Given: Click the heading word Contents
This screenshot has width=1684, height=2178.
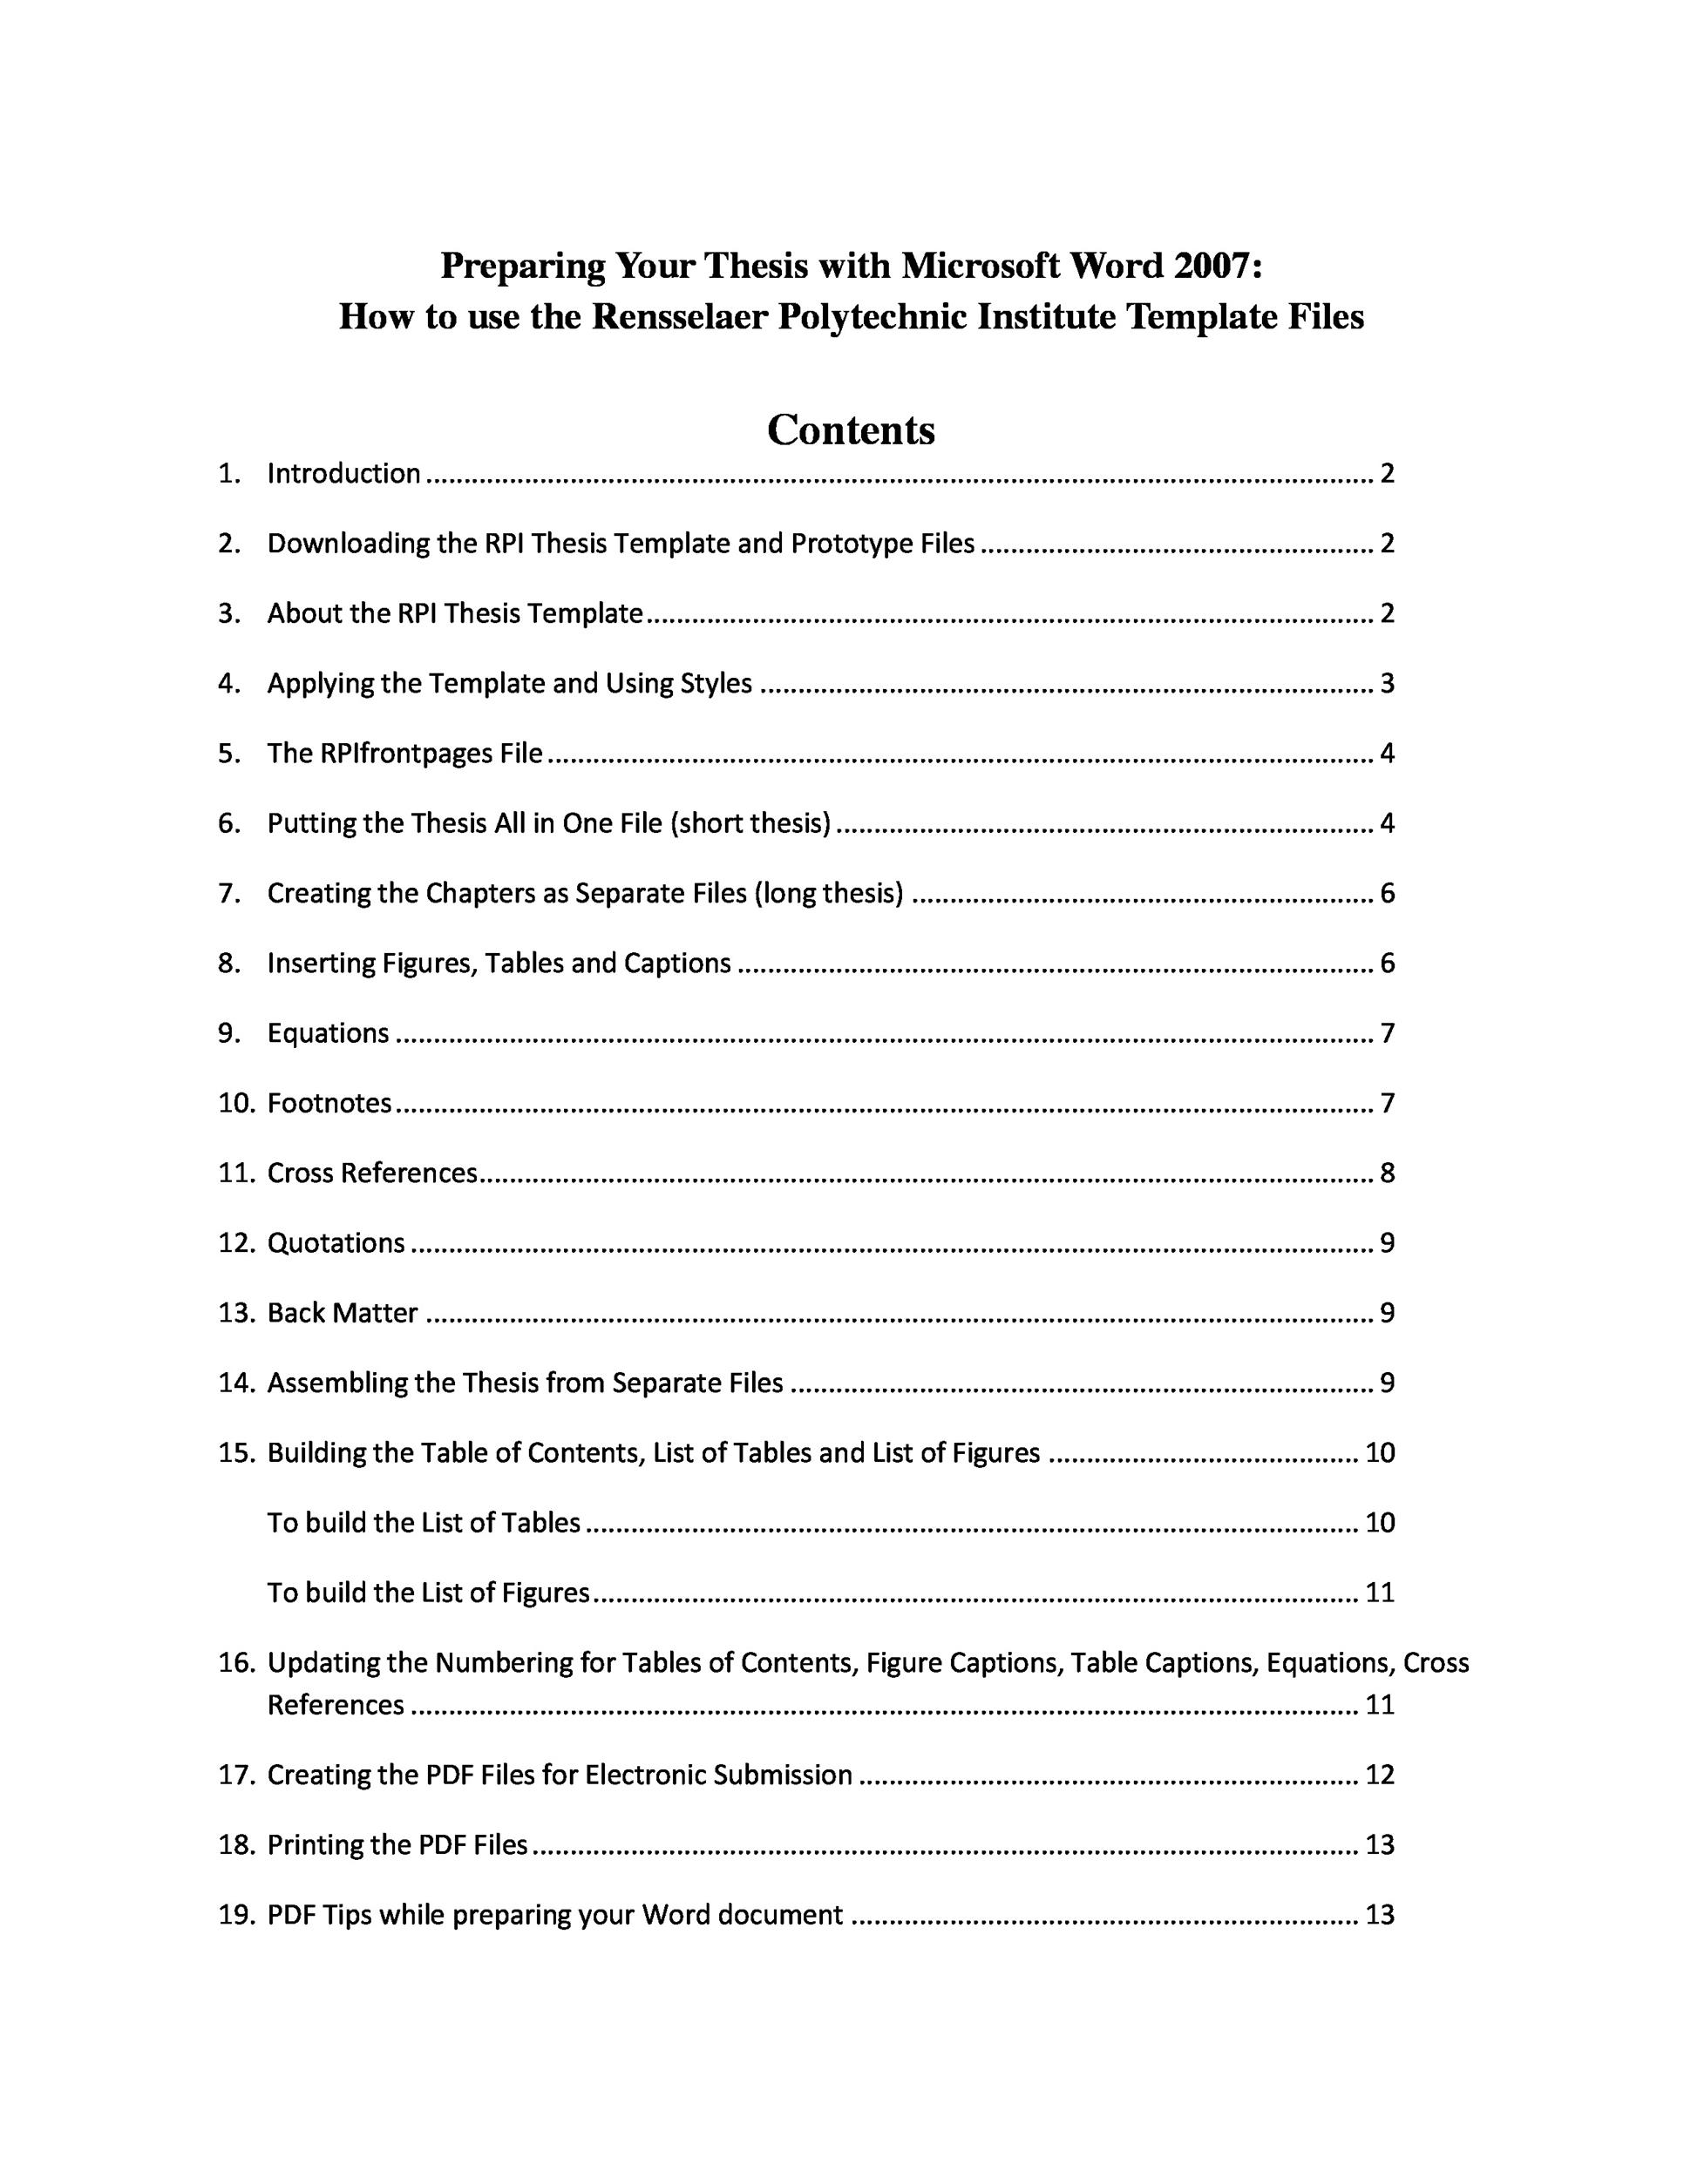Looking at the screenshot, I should coord(850,430).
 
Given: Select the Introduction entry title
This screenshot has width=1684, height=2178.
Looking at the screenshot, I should coord(343,474).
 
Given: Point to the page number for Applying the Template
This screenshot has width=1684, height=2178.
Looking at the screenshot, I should coord(1386,683).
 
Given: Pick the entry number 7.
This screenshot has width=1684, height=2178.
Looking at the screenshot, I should coord(228,894).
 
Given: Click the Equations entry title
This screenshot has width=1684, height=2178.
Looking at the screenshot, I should coord(327,1033).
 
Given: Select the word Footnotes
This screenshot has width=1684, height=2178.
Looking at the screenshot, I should coord(329,1103).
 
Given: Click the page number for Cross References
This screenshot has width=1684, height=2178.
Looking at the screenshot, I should coord(1386,1173).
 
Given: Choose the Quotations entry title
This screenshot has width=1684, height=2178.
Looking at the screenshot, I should coord(336,1242).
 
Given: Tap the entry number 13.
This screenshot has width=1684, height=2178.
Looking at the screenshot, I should coord(235,1312).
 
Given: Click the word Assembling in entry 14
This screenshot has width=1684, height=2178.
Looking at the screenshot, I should coord(337,1383).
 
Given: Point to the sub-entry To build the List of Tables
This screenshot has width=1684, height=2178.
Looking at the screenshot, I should coord(423,1523).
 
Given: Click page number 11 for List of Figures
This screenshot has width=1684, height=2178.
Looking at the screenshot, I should coord(1379,1593).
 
